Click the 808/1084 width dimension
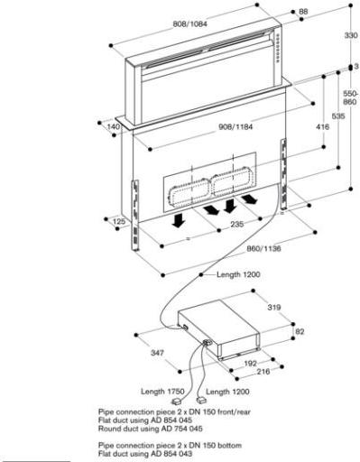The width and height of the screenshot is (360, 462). click(x=189, y=23)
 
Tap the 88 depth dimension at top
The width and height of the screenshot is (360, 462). click(x=303, y=12)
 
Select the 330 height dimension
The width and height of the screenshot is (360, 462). click(x=350, y=35)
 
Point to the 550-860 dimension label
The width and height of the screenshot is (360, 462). click(x=350, y=97)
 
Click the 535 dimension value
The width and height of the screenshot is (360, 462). click(x=338, y=115)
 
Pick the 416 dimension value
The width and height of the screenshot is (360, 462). click(x=323, y=127)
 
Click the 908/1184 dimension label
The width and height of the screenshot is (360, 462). click(x=235, y=127)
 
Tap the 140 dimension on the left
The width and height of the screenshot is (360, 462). click(x=114, y=127)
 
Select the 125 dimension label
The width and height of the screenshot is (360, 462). click(x=119, y=222)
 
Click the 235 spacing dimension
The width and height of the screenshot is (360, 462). click(x=237, y=224)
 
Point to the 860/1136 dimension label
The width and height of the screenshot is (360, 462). click(x=263, y=249)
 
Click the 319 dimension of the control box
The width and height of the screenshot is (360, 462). click(x=274, y=308)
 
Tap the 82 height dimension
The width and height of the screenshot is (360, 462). click(x=300, y=331)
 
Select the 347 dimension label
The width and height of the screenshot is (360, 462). click(x=157, y=353)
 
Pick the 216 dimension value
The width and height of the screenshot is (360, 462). click(x=263, y=372)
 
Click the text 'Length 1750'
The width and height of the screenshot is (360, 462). click(x=162, y=392)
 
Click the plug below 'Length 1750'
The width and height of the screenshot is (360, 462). click(x=177, y=402)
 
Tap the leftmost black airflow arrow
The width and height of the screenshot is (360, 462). click(x=179, y=220)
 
